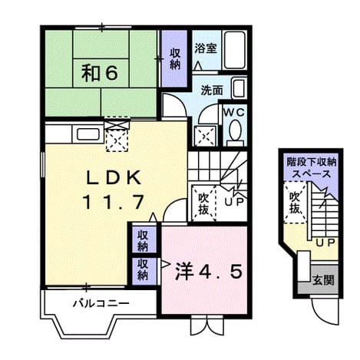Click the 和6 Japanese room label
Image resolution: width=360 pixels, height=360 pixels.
point(100,73)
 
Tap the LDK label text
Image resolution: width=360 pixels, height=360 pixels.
point(114,177)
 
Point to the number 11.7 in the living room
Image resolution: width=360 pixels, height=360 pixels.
point(113,202)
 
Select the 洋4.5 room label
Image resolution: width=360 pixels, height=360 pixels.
point(209,272)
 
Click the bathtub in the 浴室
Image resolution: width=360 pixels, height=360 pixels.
point(235,50)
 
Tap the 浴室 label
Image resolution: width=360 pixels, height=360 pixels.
point(206,48)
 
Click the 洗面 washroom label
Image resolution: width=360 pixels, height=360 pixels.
point(212,90)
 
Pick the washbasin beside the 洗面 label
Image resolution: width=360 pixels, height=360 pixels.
point(239,88)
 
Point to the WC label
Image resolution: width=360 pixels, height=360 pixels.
point(235,112)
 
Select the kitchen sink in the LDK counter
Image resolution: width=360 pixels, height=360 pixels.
point(88,134)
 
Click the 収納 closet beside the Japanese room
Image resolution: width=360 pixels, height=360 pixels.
point(175,58)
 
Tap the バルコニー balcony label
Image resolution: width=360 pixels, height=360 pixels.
point(101,304)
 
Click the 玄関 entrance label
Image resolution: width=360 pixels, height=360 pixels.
point(324,280)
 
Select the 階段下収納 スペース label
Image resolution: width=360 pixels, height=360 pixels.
point(311,168)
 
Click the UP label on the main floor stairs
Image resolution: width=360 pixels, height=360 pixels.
point(234,202)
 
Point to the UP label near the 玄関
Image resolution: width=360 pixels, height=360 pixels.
point(325,243)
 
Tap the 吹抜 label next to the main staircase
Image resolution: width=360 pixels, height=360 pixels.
point(203,203)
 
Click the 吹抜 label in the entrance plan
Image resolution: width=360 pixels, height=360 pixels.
point(295,203)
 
